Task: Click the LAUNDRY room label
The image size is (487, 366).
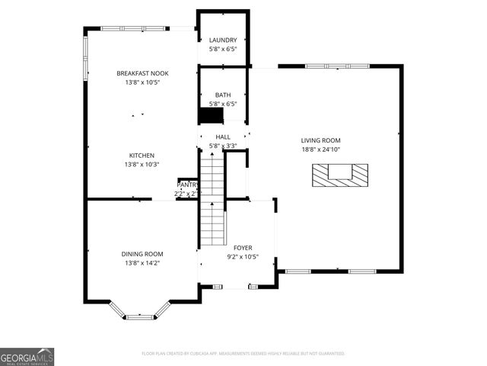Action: [x=223, y=40]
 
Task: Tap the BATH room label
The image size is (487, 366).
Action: [x=223, y=95]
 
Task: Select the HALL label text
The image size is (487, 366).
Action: [x=223, y=137]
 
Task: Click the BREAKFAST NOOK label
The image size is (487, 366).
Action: [x=142, y=73]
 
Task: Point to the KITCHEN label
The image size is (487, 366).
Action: [x=142, y=156]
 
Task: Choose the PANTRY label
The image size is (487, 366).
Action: [x=187, y=185]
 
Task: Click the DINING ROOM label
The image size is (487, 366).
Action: [x=142, y=254]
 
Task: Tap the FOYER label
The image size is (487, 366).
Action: [x=243, y=248]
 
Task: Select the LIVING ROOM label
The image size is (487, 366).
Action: [x=320, y=140]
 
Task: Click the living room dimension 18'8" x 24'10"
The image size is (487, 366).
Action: [x=320, y=149]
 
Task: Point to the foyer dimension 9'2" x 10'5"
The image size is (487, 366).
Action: [x=243, y=257]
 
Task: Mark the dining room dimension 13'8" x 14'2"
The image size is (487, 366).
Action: [x=142, y=263]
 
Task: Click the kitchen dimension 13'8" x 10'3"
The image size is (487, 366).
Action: [x=142, y=165]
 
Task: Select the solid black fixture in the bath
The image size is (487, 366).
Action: [x=211, y=115]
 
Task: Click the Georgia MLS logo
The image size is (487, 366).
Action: [x=27, y=357]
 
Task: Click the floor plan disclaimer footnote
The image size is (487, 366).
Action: [x=243, y=354]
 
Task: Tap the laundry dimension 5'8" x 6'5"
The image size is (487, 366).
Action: [x=223, y=50]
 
